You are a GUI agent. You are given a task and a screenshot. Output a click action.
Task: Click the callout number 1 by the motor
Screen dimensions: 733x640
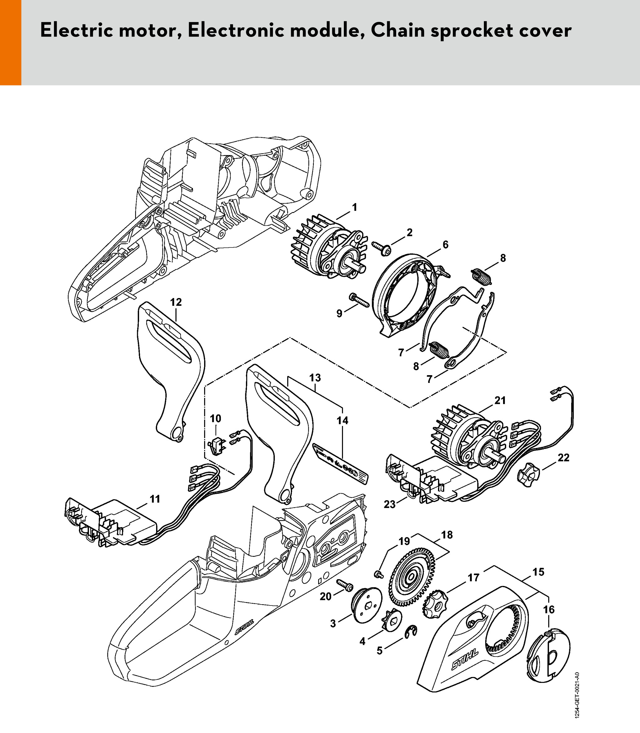[x=354, y=207]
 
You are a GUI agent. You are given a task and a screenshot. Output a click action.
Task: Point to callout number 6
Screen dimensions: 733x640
[x=445, y=245]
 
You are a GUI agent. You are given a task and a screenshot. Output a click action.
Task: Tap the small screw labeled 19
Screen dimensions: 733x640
[x=378, y=574]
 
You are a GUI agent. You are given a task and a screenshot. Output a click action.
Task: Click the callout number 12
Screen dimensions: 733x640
[x=176, y=302]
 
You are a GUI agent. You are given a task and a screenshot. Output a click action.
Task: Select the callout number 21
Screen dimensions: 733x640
[x=500, y=401]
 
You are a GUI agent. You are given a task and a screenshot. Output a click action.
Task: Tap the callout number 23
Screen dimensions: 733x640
[x=389, y=504]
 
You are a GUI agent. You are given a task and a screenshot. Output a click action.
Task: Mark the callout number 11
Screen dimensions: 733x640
[x=155, y=499]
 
